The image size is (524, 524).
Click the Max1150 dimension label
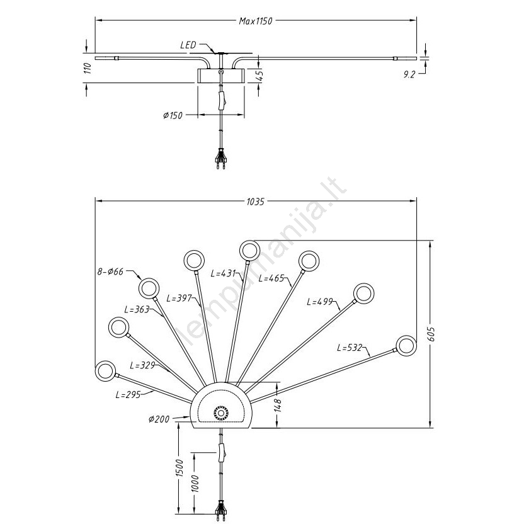255,21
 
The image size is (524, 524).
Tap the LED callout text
188,45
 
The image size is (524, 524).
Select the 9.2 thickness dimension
410,74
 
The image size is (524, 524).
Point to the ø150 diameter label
172,115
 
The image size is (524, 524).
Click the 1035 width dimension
255,202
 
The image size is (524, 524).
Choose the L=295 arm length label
127,395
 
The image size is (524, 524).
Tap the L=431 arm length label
223,273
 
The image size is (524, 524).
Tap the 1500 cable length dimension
179,469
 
